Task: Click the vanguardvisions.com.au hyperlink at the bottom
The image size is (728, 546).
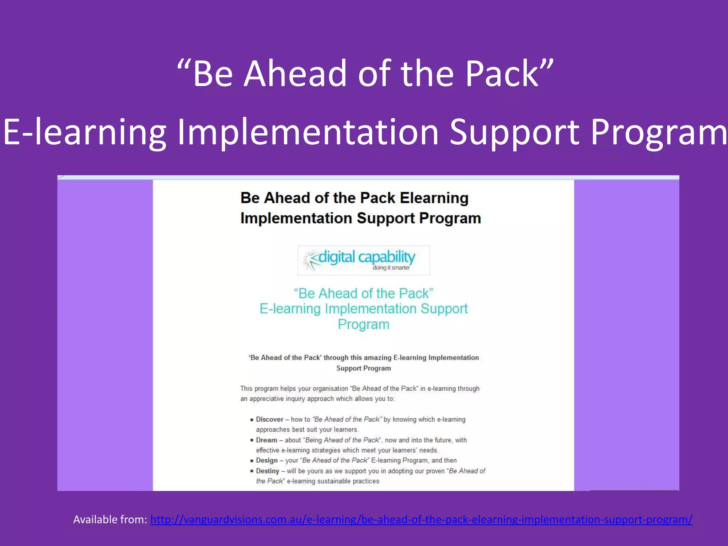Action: (421, 520)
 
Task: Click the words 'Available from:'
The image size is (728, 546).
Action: (110, 520)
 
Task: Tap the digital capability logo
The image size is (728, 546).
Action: (363, 260)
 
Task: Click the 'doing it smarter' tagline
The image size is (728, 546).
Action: (391, 268)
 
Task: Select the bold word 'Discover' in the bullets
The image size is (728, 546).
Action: (269, 419)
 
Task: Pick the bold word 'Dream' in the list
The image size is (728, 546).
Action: (266, 440)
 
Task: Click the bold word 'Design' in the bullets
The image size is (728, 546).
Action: (267, 460)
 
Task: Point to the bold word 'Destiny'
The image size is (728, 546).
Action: (267, 471)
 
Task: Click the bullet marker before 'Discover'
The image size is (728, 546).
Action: (252, 420)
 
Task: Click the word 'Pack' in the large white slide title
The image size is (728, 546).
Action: (502, 74)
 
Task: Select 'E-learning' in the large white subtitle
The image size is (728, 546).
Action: (85, 132)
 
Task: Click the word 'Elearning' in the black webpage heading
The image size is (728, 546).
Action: (434, 198)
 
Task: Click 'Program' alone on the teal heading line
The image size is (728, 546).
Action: (363, 324)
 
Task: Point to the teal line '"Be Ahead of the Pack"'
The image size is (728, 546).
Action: (363, 294)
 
